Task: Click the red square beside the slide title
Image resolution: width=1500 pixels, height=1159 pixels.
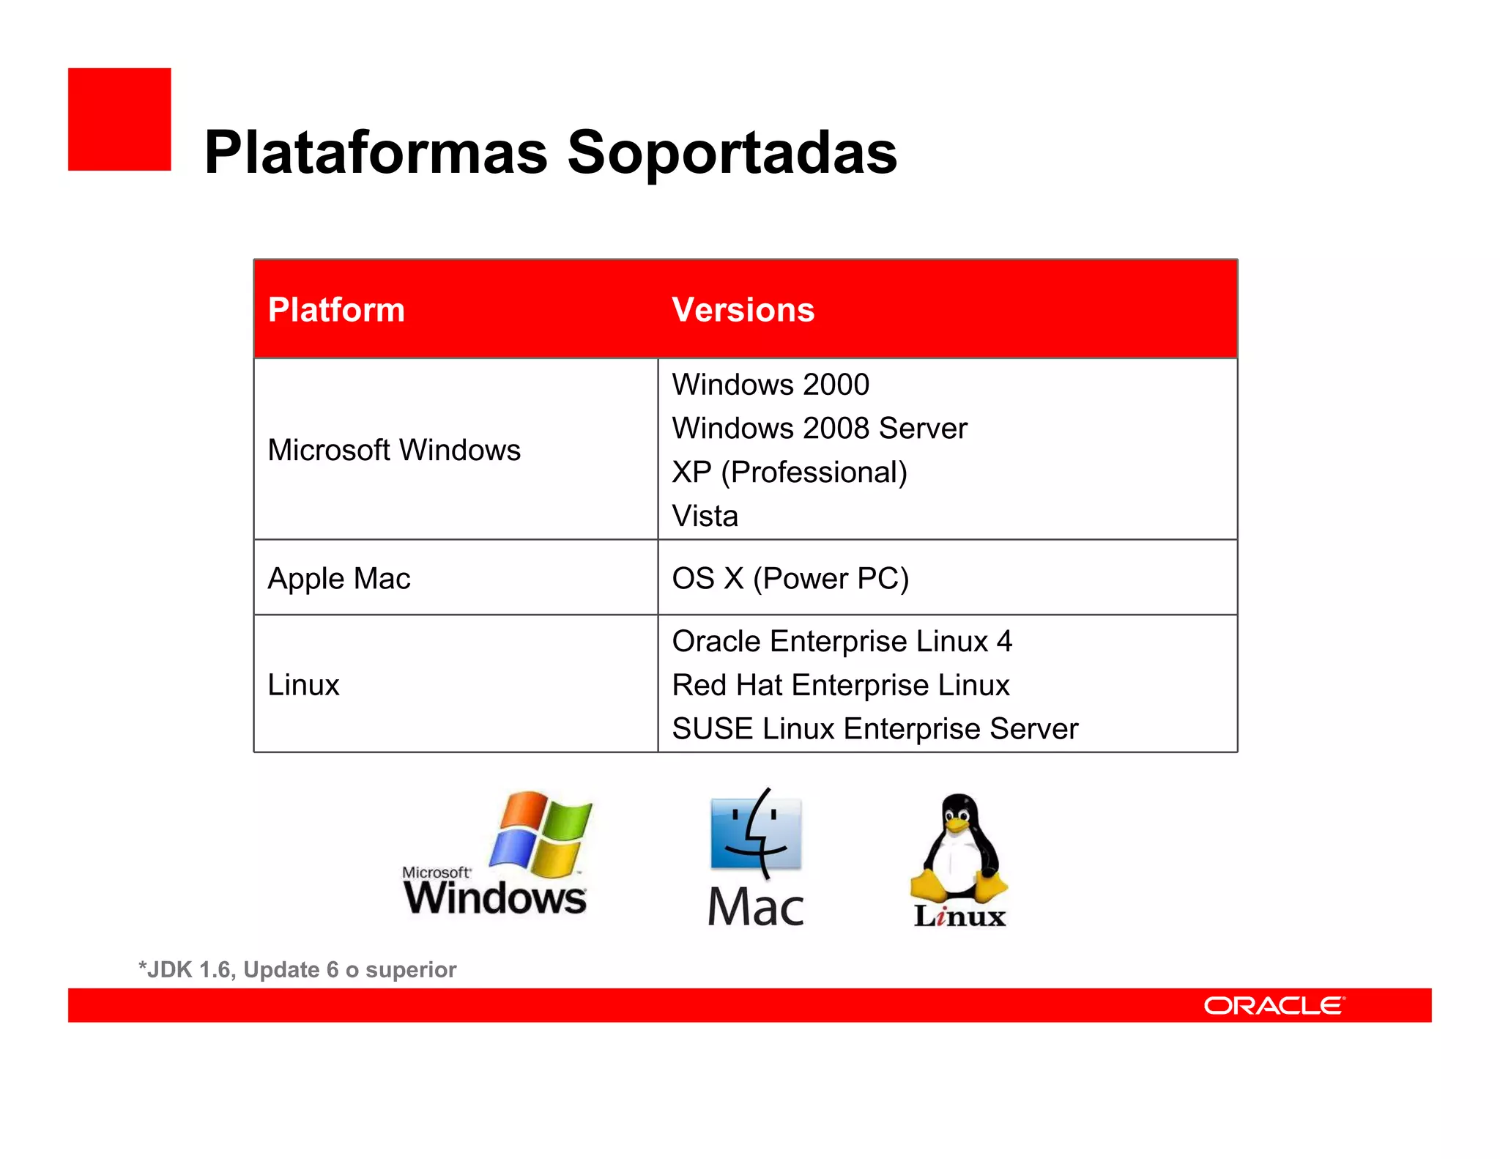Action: tap(119, 119)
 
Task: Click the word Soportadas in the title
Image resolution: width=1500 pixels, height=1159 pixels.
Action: tap(732, 152)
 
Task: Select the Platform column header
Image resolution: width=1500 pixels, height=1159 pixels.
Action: tap(336, 310)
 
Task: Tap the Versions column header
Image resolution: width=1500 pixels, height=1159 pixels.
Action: tap(743, 310)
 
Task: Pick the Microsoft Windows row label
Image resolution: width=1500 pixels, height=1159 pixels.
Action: tap(394, 450)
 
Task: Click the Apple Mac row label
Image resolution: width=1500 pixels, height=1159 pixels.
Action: tap(338, 578)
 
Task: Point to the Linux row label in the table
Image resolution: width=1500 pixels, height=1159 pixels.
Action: tap(303, 685)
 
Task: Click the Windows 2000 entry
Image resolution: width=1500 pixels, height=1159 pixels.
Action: tap(771, 385)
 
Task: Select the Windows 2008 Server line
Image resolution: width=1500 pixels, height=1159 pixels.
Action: tap(820, 429)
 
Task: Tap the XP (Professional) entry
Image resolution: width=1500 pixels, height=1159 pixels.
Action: tap(790, 473)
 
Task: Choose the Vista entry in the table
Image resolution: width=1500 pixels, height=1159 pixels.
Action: tap(705, 516)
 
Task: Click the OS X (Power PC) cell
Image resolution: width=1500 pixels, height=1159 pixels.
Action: tap(790, 578)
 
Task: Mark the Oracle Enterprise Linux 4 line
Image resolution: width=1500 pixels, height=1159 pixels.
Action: tap(842, 642)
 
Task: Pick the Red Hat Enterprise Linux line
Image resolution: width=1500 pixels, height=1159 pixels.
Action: tap(841, 686)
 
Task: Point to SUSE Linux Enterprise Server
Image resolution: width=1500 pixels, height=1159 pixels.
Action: tap(875, 729)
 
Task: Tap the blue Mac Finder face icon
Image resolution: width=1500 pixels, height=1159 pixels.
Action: tap(756, 834)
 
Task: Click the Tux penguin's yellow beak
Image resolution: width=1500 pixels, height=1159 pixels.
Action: tap(957, 825)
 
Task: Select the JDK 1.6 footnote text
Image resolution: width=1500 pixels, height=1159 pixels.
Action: tap(297, 970)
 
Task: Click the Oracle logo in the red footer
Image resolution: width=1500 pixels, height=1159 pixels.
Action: tap(1274, 1006)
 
